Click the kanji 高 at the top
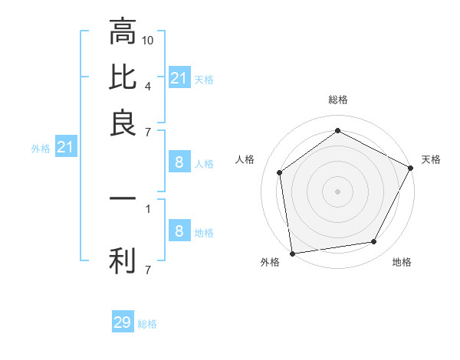tap(123, 31)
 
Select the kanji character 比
tap(123, 77)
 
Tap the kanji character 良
tap(123, 123)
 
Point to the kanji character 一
tap(123, 198)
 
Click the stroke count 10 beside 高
tap(149, 40)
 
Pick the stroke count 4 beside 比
tap(147, 86)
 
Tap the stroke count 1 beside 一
tap(147, 207)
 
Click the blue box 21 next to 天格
tap(179, 78)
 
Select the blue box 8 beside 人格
tap(179, 162)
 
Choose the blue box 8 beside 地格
tap(179, 231)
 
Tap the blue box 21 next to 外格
tap(65, 147)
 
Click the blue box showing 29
tap(122, 322)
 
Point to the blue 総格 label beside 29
tap(147, 324)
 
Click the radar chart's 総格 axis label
tap(337, 100)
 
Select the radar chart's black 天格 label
tap(431, 159)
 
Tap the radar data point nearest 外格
tap(292, 253)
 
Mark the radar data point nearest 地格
tap(374, 242)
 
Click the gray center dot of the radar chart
tap(337, 191)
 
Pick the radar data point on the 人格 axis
tap(280, 172)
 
